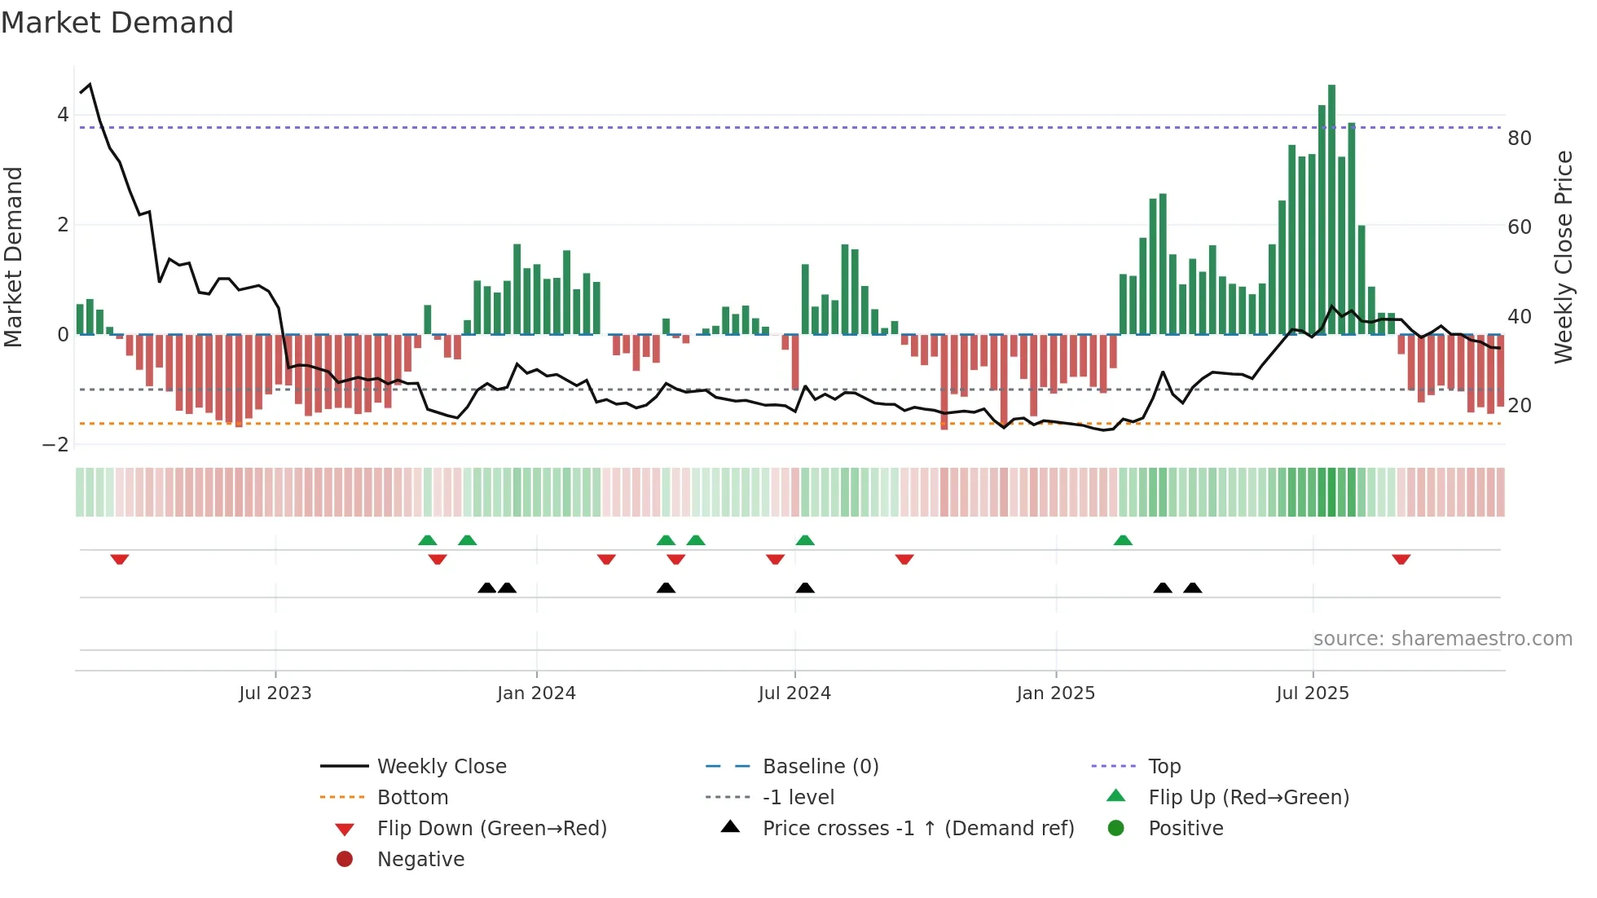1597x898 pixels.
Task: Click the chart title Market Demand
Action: coord(117,23)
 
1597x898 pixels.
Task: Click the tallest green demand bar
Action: coord(1331,209)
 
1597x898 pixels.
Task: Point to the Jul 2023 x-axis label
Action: coord(275,693)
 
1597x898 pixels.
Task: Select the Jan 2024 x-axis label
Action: coord(536,693)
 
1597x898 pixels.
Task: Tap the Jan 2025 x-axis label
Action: coord(1056,693)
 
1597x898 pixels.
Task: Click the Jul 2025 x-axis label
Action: coord(1313,693)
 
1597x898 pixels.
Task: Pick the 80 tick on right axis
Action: coord(1520,139)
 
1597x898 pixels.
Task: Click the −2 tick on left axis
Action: coord(56,445)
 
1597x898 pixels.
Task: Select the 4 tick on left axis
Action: coord(63,115)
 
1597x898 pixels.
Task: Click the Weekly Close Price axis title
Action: coord(1563,257)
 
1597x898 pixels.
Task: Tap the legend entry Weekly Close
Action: coord(442,767)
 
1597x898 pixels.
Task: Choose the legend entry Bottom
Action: coord(412,798)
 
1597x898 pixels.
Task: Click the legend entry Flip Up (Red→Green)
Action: coord(1248,798)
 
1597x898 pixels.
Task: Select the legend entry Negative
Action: coord(420,860)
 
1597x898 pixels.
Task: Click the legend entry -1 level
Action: coord(798,798)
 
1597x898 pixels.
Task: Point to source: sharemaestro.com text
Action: coord(1442,639)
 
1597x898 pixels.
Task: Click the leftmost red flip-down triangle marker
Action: coord(120,559)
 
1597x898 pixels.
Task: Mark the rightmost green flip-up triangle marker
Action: coord(1123,540)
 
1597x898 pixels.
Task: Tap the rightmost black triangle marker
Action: coord(1193,588)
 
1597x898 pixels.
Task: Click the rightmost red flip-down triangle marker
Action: coord(1401,559)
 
